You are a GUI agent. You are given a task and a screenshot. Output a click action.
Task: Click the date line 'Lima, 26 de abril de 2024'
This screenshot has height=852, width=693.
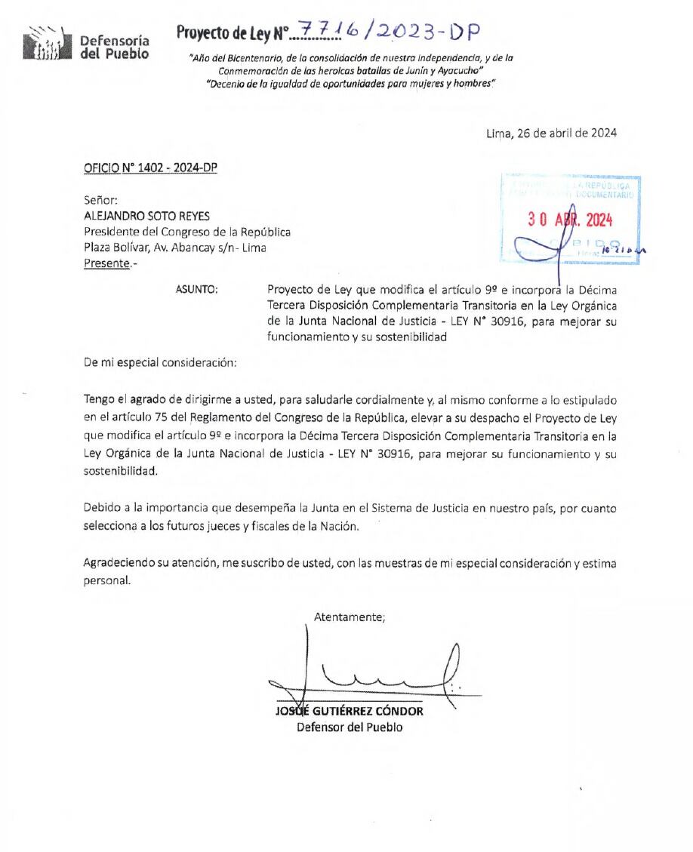click(551, 134)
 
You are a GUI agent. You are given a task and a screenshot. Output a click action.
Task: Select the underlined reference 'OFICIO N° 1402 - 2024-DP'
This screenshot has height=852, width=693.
click(150, 168)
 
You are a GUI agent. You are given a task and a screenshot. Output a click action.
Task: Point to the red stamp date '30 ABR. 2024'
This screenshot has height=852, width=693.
click(570, 220)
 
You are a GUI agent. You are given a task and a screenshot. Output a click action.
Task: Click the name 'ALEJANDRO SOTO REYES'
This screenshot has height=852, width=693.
click(146, 216)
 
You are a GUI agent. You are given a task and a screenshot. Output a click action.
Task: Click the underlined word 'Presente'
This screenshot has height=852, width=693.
click(106, 263)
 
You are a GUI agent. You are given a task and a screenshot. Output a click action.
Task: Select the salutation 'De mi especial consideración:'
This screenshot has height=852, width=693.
click(160, 361)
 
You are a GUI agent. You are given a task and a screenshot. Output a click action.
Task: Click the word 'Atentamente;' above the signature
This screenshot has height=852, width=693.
click(349, 617)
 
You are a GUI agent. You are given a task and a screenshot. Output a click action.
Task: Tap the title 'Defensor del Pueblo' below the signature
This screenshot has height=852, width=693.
click(349, 727)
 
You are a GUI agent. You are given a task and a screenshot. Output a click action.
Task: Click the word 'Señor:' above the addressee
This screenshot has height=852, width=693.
click(100, 200)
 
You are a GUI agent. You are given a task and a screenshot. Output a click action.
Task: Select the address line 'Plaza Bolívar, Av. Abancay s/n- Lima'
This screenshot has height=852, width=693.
click(174, 248)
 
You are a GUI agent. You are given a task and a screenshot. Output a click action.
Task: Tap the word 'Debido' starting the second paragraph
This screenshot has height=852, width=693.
click(102, 508)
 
